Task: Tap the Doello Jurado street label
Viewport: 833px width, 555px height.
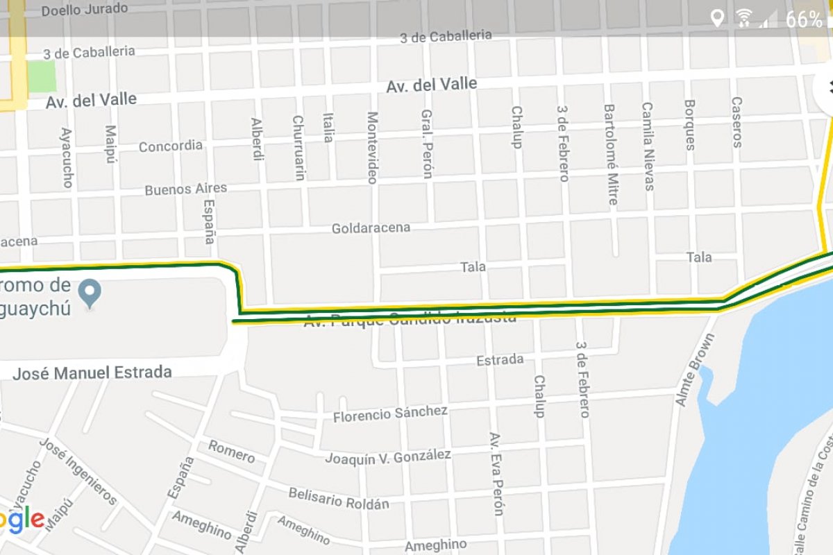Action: coord(85,10)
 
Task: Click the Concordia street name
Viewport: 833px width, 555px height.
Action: coord(171,146)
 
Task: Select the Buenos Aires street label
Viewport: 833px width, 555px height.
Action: coord(185,189)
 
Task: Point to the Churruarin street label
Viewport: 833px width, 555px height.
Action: coord(298,148)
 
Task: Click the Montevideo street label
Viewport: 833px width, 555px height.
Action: coord(372,148)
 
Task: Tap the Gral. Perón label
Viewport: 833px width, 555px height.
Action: coord(428,144)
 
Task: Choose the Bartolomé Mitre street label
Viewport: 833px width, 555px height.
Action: coord(610,155)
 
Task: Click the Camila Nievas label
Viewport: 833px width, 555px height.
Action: coord(648,146)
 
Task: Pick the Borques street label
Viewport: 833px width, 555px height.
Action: coord(690,125)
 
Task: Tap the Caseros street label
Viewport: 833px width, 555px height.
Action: coord(737,122)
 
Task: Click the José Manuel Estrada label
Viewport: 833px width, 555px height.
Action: coord(92,373)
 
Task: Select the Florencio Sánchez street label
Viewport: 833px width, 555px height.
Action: coord(390,413)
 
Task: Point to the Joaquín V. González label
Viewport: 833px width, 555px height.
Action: coord(388,457)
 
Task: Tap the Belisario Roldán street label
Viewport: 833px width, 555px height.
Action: coord(339,498)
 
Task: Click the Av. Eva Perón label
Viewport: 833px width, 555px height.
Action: coord(496,475)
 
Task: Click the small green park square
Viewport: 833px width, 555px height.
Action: coord(42,76)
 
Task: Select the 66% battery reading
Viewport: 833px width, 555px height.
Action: coord(804,19)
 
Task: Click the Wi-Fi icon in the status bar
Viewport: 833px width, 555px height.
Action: coord(744,18)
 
